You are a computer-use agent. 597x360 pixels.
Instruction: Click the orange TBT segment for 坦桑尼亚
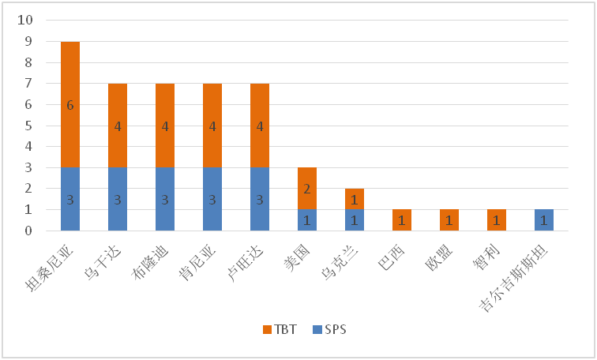[x=70, y=104]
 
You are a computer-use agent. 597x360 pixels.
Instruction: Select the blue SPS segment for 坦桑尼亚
[x=70, y=199]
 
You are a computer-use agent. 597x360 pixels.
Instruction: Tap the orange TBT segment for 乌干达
[x=118, y=125]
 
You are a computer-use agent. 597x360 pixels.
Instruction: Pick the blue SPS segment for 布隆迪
[x=165, y=199]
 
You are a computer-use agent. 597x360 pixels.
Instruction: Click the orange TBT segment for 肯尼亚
[x=212, y=125]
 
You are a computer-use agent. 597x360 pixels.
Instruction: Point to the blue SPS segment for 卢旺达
[x=260, y=199]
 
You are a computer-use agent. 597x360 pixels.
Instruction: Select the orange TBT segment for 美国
[x=307, y=189]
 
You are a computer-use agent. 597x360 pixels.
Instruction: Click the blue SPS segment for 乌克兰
[x=355, y=220]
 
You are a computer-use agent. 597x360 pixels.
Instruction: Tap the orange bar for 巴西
[x=402, y=220]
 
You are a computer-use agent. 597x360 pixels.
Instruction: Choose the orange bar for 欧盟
[x=449, y=220]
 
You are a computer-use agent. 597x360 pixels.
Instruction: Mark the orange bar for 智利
[x=497, y=220]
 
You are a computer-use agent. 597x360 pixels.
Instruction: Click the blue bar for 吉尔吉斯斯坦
[x=544, y=220]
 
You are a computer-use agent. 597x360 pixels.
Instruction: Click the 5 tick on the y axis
[x=28, y=126]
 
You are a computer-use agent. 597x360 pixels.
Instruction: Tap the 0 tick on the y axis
[x=28, y=231]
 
